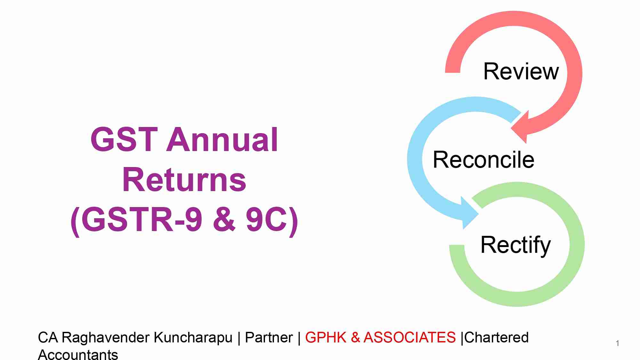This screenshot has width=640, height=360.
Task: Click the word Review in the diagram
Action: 521,71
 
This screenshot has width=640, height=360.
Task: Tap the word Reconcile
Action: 483,160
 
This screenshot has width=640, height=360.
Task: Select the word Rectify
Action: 515,245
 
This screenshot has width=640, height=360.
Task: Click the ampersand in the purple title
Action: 224,220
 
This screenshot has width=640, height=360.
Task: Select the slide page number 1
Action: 617,343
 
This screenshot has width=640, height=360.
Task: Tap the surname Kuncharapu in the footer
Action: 193,338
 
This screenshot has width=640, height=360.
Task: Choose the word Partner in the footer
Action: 269,338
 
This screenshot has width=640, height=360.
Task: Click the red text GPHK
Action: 326,338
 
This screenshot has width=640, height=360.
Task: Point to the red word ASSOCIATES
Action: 410,338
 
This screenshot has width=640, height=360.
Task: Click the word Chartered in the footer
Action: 496,338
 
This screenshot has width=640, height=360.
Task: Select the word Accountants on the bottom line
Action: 78,355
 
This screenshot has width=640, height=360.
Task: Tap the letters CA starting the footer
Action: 48,338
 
